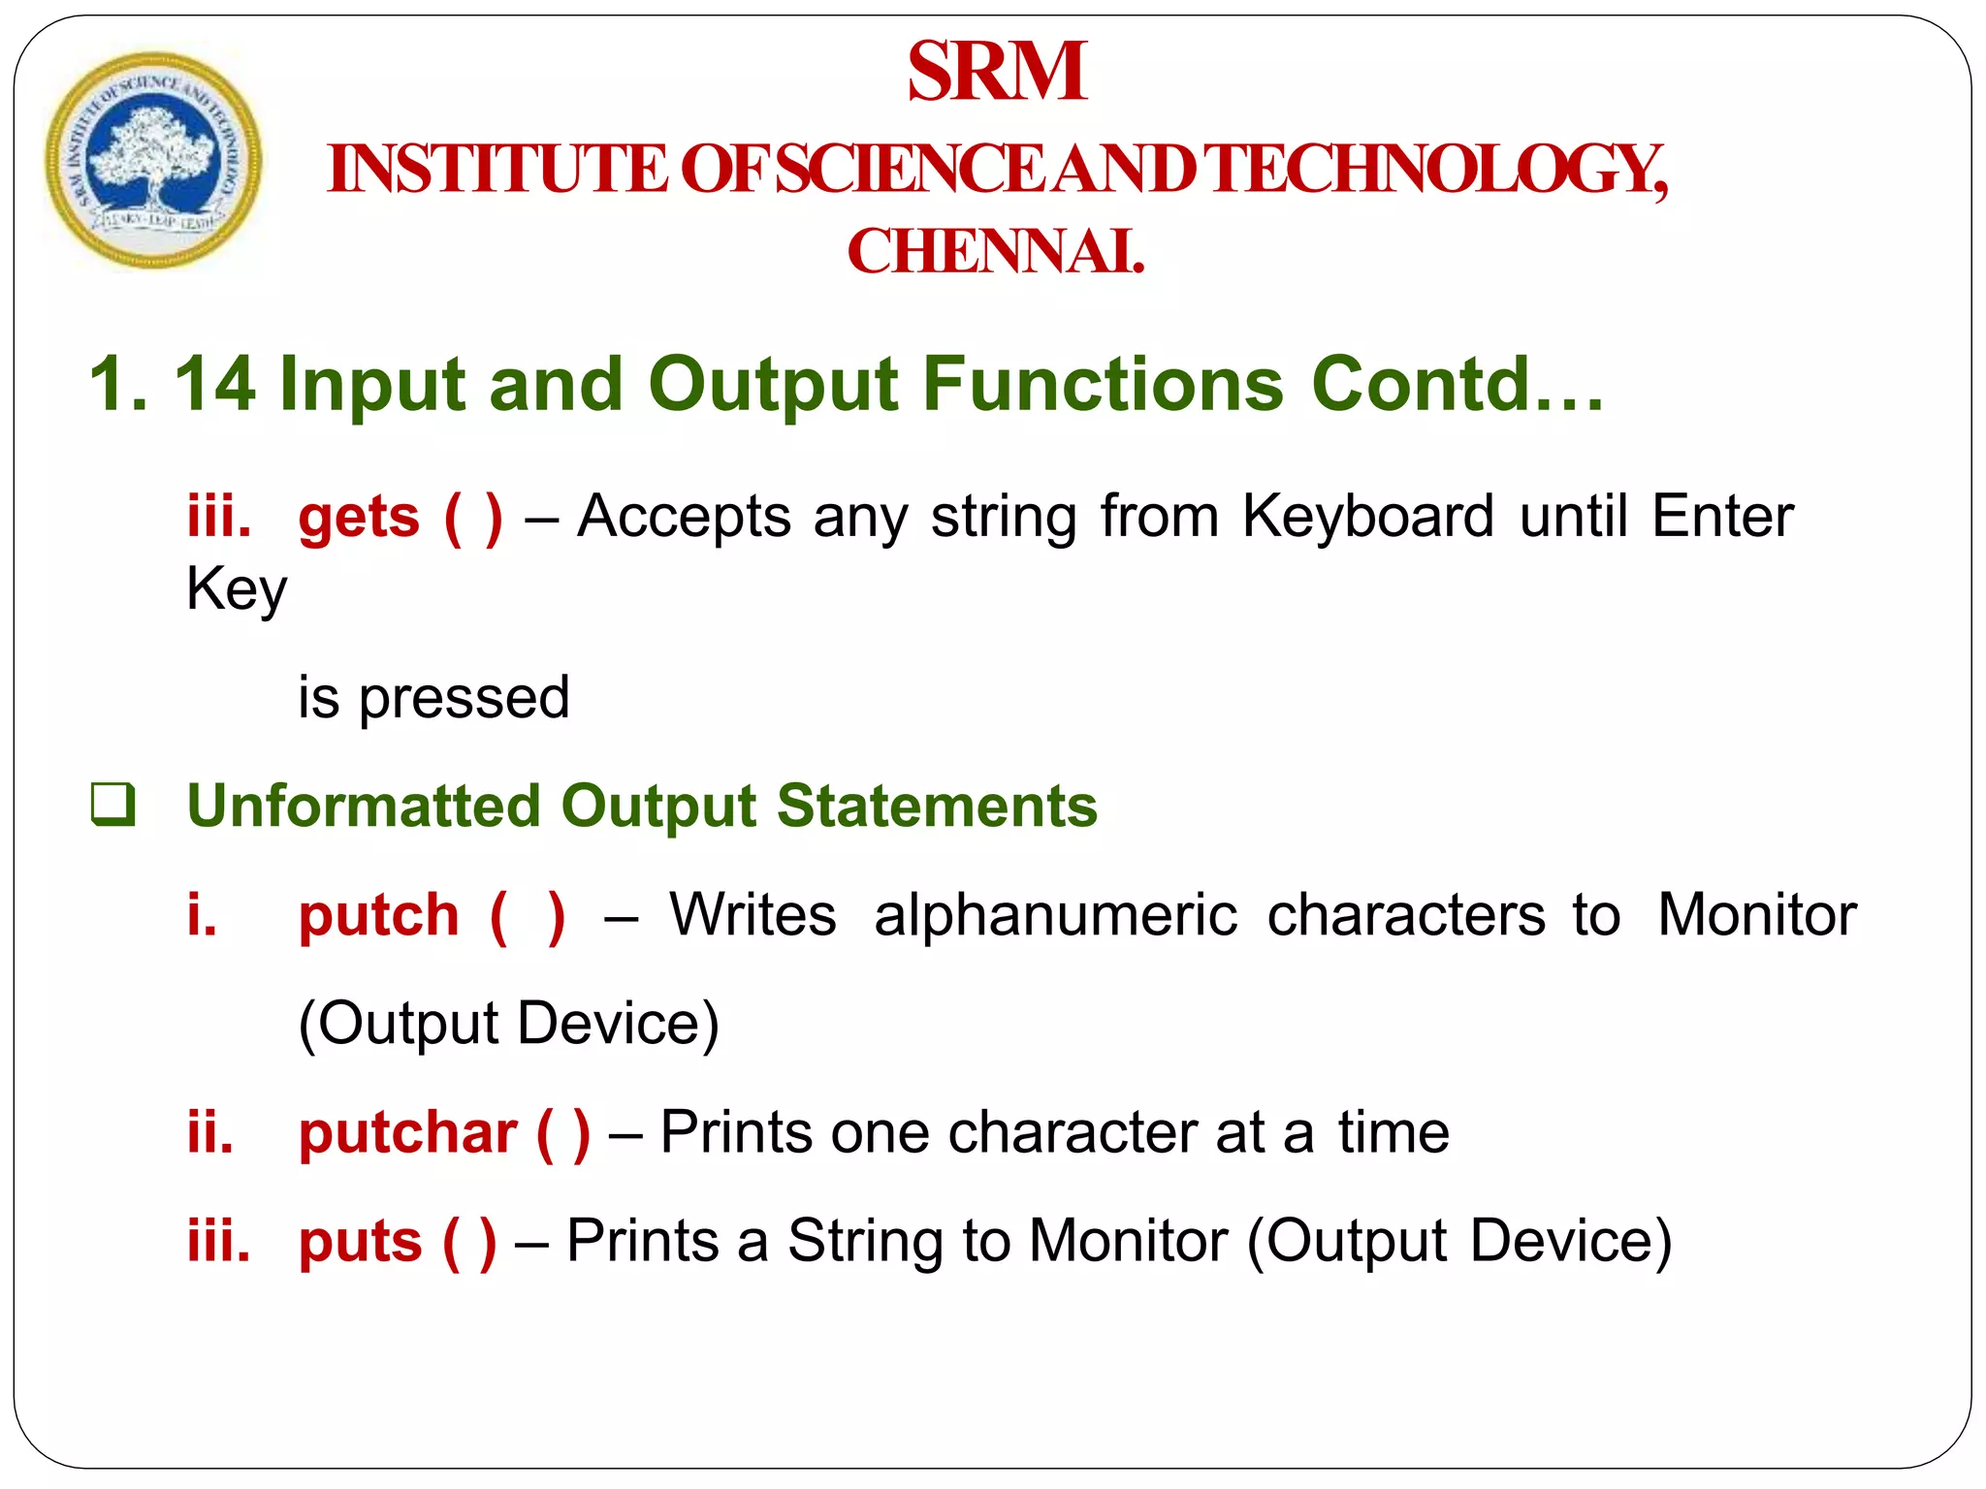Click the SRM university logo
pyautogui.click(x=153, y=161)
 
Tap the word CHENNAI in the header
pyautogui.click(x=996, y=252)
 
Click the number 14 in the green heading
pyautogui.click(x=214, y=384)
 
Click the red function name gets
pyautogui.click(x=359, y=518)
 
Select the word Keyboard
pyautogui.click(x=1368, y=516)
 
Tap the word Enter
pyautogui.click(x=1722, y=516)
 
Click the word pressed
pyautogui.click(x=464, y=698)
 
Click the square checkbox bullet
pyautogui.click(x=112, y=805)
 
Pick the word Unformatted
pyautogui.click(x=364, y=807)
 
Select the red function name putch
pyautogui.click(x=378, y=916)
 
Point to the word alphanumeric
pyautogui.click(x=1055, y=916)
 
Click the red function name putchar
pyautogui.click(x=407, y=1133)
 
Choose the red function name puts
pyautogui.click(x=360, y=1242)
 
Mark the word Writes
pyautogui.click(x=753, y=916)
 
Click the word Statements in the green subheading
pyautogui.click(x=937, y=807)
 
